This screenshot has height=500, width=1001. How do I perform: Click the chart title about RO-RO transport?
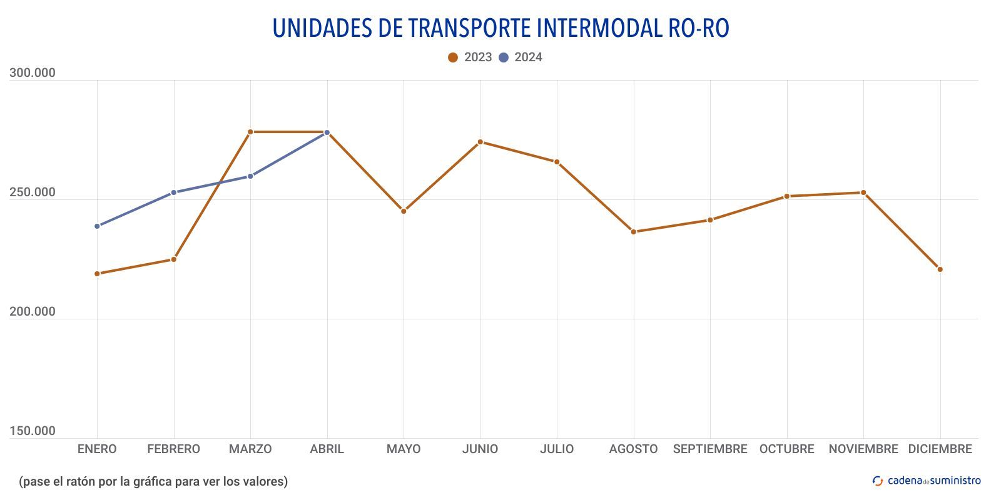coord(500,28)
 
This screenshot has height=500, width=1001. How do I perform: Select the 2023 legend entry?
coord(470,57)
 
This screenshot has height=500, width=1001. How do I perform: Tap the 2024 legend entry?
coord(521,57)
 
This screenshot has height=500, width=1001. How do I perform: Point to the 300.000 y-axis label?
coord(32,73)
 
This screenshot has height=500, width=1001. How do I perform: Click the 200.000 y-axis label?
coord(32,312)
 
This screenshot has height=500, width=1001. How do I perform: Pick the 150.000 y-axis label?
coord(32,431)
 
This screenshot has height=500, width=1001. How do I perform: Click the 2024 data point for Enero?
coord(97,226)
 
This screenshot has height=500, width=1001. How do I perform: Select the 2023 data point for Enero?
coord(97,274)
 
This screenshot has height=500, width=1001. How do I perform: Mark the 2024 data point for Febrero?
coord(174,192)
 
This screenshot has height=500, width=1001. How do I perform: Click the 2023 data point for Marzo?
coord(250,132)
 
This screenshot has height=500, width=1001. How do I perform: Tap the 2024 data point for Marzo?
coord(250,176)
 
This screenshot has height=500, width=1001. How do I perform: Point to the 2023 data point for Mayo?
coord(404,211)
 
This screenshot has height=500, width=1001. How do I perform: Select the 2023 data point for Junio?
coord(480,142)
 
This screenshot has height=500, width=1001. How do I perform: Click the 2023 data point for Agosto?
coord(633,232)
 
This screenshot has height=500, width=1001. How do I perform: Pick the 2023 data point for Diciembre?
coord(940,269)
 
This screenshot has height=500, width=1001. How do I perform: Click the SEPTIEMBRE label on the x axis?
coord(710,449)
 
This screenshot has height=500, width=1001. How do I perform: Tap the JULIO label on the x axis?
coord(557,449)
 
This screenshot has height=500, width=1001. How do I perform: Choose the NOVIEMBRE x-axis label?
coord(863,449)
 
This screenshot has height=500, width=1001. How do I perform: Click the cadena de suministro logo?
coord(927,481)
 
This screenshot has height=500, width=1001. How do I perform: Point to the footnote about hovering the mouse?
coord(153,481)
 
